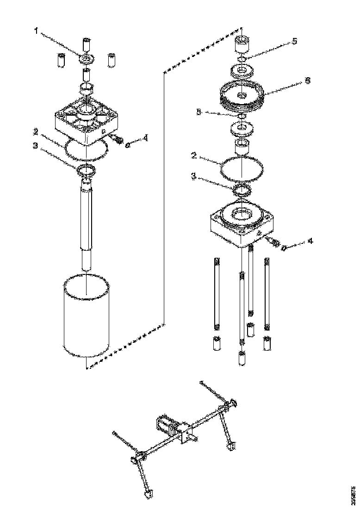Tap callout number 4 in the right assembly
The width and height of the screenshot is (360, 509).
tap(310, 241)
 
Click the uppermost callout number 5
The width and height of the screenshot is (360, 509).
tap(294, 41)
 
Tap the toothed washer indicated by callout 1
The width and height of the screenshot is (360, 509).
tap(87, 59)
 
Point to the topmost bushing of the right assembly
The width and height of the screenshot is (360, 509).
tap(242, 45)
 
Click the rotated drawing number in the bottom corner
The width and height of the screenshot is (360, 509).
tap(354, 495)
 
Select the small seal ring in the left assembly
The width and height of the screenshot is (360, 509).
tap(87, 170)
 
